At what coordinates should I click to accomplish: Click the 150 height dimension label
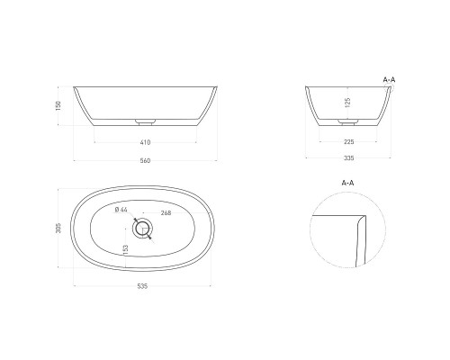(x=58, y=106)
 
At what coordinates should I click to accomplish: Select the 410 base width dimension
(x=145, y=142)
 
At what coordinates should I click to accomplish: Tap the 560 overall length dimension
(x=145, y=161)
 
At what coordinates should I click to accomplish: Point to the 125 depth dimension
(x=347, y=103)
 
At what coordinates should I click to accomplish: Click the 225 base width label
(x=348, y=142)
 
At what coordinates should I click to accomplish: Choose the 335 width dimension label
(x=348, y=158)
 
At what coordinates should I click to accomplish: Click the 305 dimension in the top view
(x=58, y=228)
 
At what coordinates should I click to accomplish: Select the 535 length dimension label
(x=142, y=286)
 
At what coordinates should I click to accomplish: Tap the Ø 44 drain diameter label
(x=121, y=210)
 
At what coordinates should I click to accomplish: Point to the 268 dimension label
(x=166, y=213)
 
